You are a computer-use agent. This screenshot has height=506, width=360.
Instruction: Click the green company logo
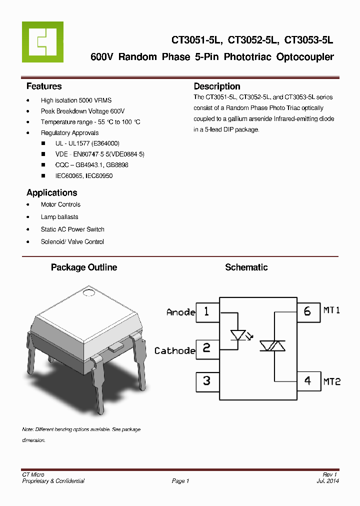(x=42, y=42)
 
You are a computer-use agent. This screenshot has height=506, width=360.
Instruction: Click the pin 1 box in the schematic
(x=206, y=312)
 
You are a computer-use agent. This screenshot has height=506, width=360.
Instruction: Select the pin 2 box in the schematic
(x=206, y=348)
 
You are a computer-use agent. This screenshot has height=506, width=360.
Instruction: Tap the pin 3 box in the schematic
(x=206, y=380)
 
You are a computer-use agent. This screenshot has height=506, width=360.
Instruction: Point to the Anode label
(x=180, y=312)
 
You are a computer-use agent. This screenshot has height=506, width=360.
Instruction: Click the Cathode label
(x=174, y=351)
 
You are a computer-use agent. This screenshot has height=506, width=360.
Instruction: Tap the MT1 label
(x=331, y=310)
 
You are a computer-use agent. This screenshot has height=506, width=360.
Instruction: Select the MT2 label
(x=331, y=381)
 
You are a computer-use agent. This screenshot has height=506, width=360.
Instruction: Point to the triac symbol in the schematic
(x=272, y=345)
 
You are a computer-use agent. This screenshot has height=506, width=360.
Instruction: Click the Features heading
(x=44, y=86)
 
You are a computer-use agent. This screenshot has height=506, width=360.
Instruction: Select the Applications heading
(x=51, y=192)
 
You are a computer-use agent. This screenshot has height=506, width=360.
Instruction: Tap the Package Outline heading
(x=83, y=267)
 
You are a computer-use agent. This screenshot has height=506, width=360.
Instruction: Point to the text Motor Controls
(x=60, y=204)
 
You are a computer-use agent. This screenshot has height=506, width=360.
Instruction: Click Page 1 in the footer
(x=180, y=481)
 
